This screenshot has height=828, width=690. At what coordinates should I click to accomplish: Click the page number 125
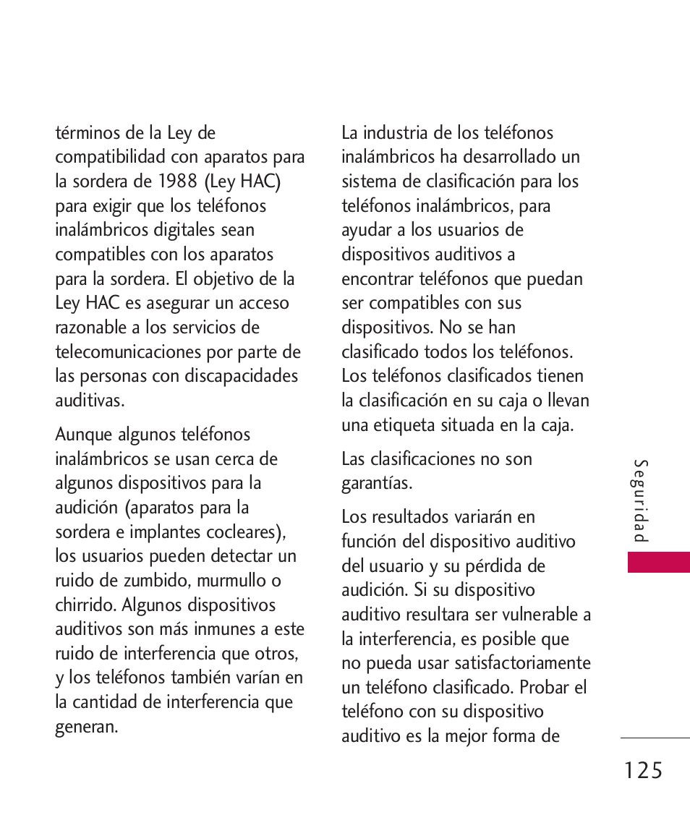pyautogui.click(x=640, y=771)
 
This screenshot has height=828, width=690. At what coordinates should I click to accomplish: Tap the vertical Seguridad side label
pyautogui.click(x=641, y=501)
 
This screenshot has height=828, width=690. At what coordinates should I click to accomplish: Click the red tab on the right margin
pyautogui.click(x=658, y=562)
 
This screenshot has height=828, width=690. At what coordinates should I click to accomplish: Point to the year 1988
pyautogui.click(x=178, y=182)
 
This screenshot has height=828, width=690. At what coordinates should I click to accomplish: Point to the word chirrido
pyautogui.click(x=85, y=605)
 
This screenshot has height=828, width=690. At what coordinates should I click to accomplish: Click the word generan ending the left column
pyautogui.click(x=86, y=727)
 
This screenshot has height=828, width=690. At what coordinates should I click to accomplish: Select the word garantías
pyautogui.click(x=376, y=483)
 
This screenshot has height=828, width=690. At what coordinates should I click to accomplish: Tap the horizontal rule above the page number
pyautogui.click(x=655, y=738)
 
